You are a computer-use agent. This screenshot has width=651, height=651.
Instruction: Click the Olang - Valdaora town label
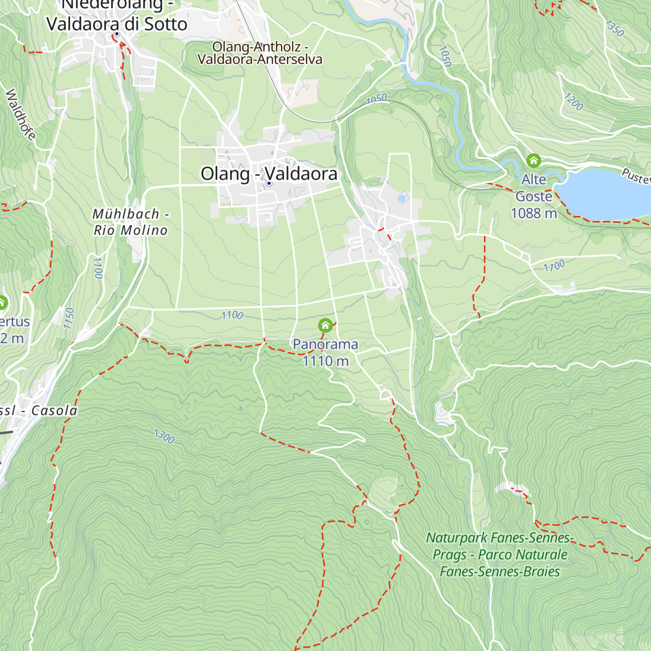click(269, 174)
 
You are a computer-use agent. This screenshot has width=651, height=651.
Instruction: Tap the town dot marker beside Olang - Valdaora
click(269, 183)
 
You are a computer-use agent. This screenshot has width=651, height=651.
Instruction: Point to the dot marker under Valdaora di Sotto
click(116, 34)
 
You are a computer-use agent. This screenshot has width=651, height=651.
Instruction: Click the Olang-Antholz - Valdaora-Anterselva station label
click(260, 53)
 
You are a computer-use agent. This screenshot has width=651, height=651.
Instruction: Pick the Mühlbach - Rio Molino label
click(130, 222)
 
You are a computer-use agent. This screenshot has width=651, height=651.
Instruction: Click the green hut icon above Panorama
click(325, 325)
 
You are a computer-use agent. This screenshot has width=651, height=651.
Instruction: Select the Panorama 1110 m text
click(325, 353)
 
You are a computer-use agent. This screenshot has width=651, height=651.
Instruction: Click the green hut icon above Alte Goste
click(534, 161)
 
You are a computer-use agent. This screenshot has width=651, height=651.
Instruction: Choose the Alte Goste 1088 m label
click(534, 196)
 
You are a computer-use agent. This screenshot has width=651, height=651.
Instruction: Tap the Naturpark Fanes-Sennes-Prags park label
click(500, 554)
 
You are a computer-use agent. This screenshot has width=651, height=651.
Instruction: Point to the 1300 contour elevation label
click(164, 436)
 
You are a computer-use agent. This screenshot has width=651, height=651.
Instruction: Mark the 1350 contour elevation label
click(615, 28)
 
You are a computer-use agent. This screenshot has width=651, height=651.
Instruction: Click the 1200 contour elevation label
click(573, 101)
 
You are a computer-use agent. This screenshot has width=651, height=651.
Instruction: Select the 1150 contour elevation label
click(68, 318)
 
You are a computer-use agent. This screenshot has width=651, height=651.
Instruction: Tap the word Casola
click(54, 411)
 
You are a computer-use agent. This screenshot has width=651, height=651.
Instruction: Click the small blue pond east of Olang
click(402, 199)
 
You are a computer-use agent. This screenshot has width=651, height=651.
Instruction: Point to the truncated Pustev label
click(636, 176)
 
